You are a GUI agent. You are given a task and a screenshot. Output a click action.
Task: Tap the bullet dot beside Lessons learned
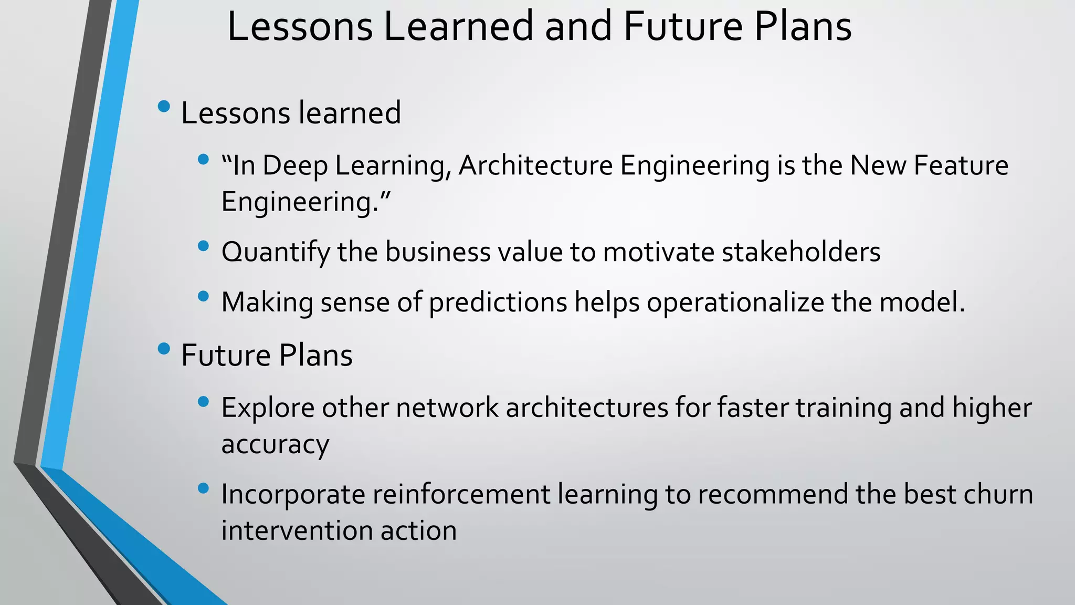(x=164, y=107)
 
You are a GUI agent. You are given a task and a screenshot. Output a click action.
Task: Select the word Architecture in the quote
(x=535, y=165)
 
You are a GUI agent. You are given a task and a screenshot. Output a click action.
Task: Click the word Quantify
(x=276, y=252)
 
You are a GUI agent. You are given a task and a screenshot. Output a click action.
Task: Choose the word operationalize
(x=735, y=302)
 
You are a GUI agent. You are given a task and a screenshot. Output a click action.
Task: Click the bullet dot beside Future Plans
(x=164, y=349)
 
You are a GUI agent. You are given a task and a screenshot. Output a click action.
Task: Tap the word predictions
(x=498, y=302)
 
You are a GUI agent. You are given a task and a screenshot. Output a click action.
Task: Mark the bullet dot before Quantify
(x=204, y=246)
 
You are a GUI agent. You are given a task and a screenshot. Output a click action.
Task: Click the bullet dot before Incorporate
(x=204, y=488)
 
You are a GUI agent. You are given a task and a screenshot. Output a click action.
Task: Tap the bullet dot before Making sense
(x=204, y=296)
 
